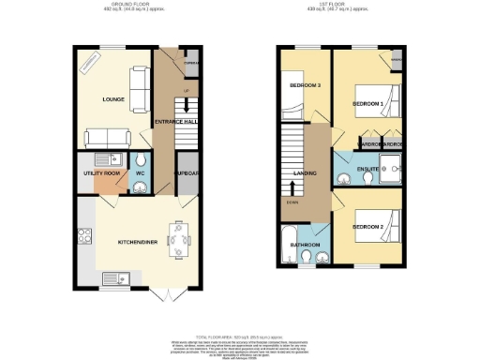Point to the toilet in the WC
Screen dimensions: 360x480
pyautogui.click(x=140, y=185)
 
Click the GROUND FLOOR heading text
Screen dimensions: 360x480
pyautogui.click(x=133, y=5)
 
